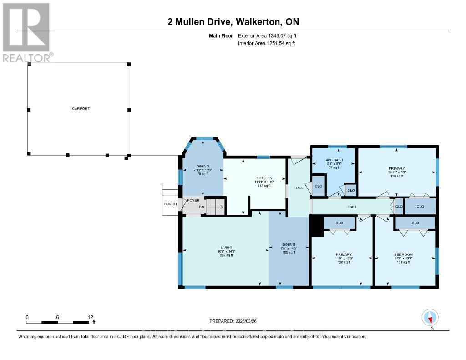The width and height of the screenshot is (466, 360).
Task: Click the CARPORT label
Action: click(x=81, y=109)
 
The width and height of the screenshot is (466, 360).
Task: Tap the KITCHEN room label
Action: click(x=264, y=178)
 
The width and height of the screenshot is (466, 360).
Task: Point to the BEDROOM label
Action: click(x=403, y=254)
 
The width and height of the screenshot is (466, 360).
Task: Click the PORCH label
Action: click(x=170, y=204)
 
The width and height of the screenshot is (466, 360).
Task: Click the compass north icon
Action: click(x=430, y=317)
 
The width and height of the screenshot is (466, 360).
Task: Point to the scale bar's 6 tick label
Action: click(x=58, y=317)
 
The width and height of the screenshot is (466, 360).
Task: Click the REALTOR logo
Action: click(x=27, y=32)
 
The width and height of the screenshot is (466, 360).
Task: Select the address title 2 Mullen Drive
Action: click(x=233, y=22)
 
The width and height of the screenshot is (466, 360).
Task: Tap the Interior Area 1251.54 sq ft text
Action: click(x=266, y=43)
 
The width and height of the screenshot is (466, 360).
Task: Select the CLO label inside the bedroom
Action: click(x=415, y=223)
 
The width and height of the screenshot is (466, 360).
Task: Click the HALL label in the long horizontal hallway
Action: click(x=352, y=207)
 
